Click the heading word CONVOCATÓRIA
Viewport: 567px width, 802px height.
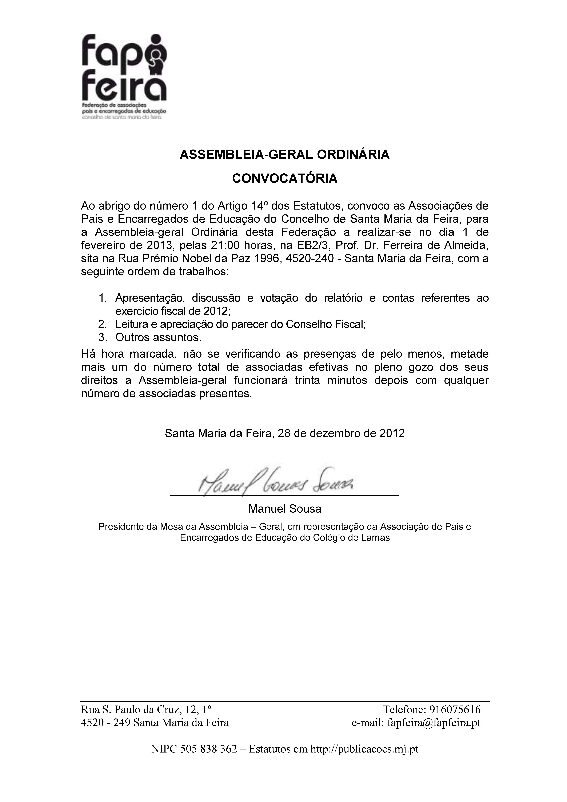(x=285, y=178)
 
